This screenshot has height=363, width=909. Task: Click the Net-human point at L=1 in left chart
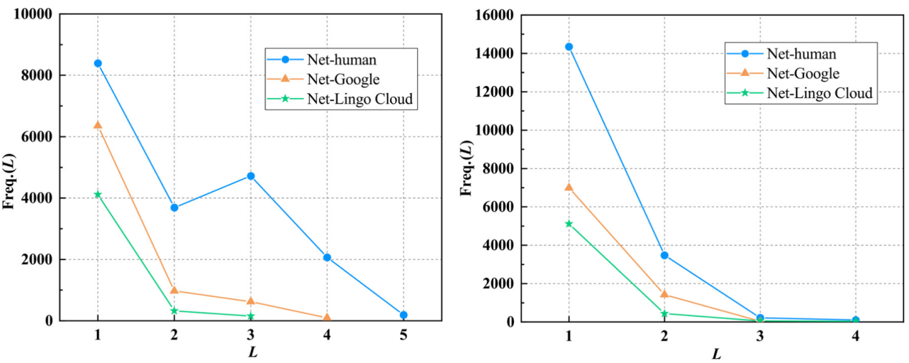[97, 63]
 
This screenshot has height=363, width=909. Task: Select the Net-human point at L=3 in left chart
[251, 175]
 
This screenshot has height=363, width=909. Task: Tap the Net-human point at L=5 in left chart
[404, 315]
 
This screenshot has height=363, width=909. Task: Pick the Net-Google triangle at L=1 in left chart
[97, 125]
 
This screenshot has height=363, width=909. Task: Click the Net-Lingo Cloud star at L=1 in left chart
[97, 194]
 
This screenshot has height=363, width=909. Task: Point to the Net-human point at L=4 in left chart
[327, 257]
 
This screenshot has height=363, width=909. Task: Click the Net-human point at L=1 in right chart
[568, 47]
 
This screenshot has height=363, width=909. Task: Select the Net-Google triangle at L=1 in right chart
[568, 187]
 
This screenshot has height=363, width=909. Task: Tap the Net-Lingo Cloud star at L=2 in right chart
[665, 313]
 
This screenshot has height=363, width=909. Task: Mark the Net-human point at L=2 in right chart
[665, 255]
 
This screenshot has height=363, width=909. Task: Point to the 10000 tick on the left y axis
[34, 14]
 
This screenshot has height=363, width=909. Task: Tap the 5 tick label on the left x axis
[404, 335]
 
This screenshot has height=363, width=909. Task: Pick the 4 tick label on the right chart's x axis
[855, 336]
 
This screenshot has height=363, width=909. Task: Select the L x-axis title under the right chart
[715, 354]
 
